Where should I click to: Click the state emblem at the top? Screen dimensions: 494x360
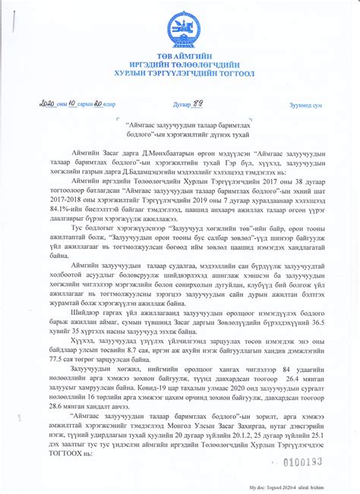pos(180,28)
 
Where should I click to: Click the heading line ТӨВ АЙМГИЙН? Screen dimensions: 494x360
pos(180,56)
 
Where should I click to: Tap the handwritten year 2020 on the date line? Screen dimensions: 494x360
pos(48,104)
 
